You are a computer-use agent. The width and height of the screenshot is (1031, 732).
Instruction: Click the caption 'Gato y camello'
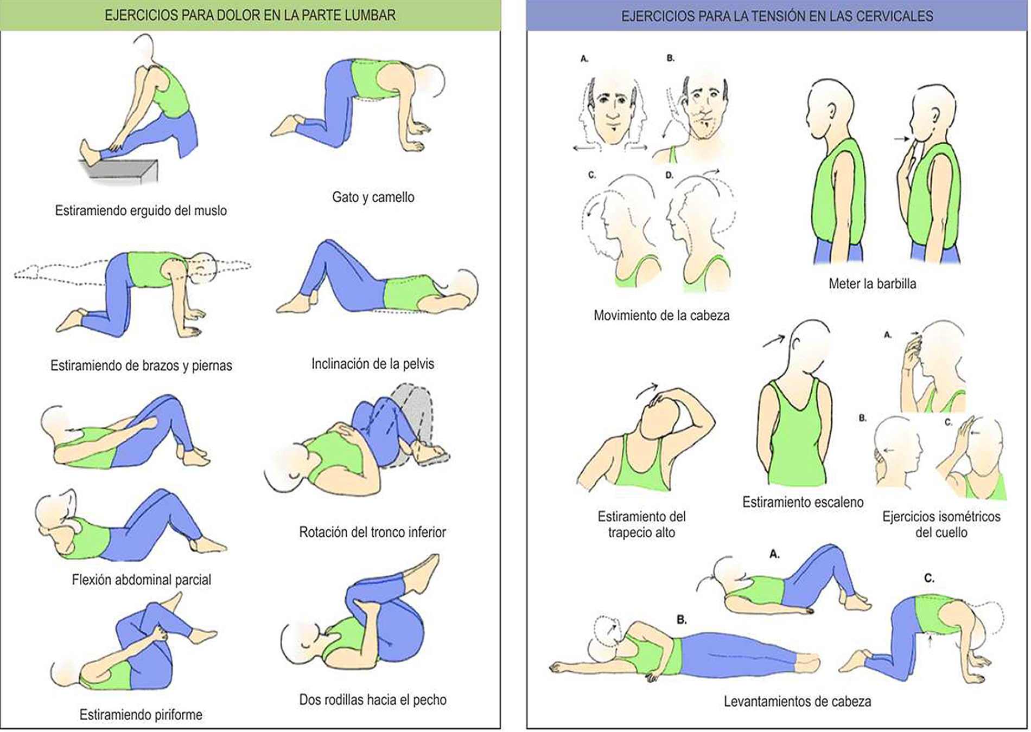[x=373, y=197]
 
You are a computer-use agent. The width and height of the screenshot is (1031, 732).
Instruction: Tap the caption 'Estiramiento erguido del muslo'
[x=141, y=210]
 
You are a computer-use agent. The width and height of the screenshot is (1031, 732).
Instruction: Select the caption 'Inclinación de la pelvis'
[x=373, y=364]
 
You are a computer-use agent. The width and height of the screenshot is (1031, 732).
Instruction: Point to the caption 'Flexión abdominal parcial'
[x=141, y=580]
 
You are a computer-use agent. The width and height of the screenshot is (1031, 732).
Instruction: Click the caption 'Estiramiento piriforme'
[x=141, y=715]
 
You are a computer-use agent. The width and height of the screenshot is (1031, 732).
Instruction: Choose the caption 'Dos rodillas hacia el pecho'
[x=373, y=699]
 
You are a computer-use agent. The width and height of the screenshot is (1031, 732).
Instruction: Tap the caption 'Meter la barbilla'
[x=872, y=284]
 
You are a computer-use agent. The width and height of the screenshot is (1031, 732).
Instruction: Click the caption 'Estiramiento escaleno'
[x=803, y=502]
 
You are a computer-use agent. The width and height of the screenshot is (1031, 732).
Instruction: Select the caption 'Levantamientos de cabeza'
[x=797, y=702]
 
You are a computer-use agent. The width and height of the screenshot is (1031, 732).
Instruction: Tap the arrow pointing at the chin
[x=902, y=139]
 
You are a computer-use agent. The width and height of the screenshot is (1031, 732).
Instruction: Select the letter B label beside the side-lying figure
[x=682, y=620]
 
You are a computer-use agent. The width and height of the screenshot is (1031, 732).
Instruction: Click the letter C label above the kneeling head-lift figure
[x=929, y=579]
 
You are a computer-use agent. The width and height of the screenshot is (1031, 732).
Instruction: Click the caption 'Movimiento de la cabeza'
[x=661, y=316]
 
